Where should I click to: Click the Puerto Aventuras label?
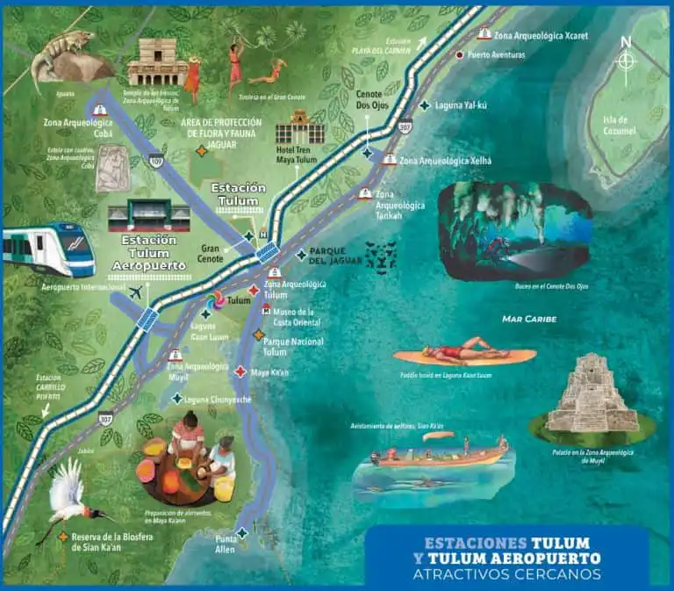click(496, 54)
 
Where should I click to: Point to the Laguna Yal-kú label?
click(466, 105)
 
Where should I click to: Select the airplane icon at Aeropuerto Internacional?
click(134, 292)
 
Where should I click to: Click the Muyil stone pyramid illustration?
click(592, 394)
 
